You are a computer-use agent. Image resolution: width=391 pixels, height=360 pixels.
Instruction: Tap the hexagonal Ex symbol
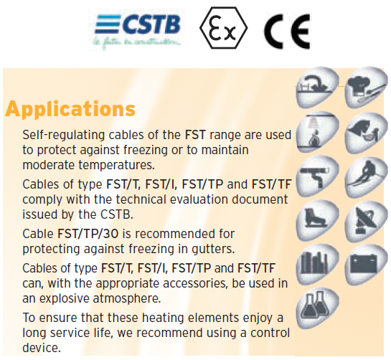point(222,28)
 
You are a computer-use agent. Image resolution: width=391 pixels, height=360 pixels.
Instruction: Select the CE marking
point(286,29)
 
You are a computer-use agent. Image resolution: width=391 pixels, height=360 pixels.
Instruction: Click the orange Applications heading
point(70,109)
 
